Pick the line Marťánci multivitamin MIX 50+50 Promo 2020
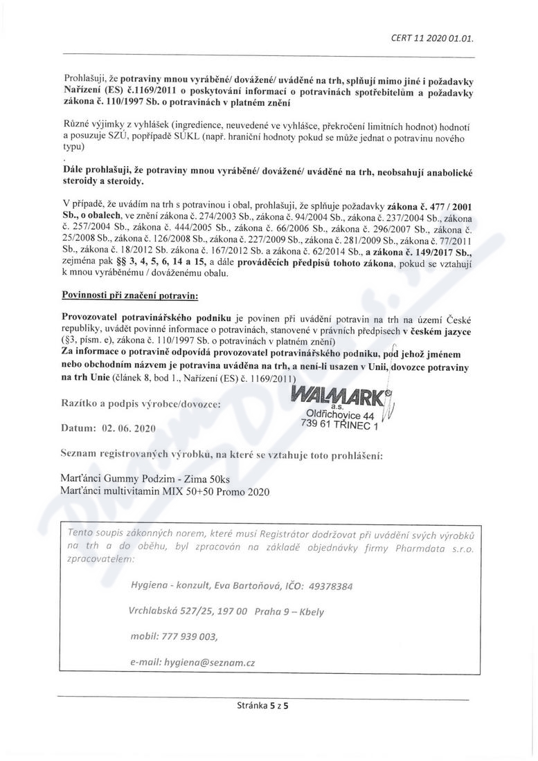[163, 491]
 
